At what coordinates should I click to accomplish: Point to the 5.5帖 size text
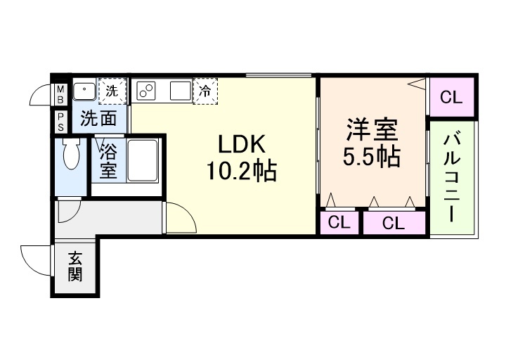pyautogui.click(x=372, y=157)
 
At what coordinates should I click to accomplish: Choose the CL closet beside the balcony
pyautogui.click(x=451, y=98)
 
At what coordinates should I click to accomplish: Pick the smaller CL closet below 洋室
pyautogui.click(x=339, y=223)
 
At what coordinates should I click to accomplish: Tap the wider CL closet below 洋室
pyautogui.click(x=394, y=223)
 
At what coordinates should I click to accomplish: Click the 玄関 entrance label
pyautogui.click(x=74, y=267)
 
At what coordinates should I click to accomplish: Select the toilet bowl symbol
pyautogui.click(x=70, y=154)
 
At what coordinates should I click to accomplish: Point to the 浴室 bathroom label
pyautogui.click(x=108, y=160)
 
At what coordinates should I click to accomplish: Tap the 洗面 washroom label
pyautogui.click(x=98, y=119)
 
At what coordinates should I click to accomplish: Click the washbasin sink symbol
pyautogui.click(x=86, y=90)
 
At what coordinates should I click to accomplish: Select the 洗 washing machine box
pyautogui.click(x=112, y=90)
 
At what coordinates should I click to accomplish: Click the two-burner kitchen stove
pyautogui.click(x=148, y=90)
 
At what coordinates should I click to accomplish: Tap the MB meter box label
pyautogui.click(x=60, y=94)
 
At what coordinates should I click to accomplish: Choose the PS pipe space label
pyautogui.click(x=60, y=121)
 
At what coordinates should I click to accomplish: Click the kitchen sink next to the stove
pyautogui.click(x=179, y=91)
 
